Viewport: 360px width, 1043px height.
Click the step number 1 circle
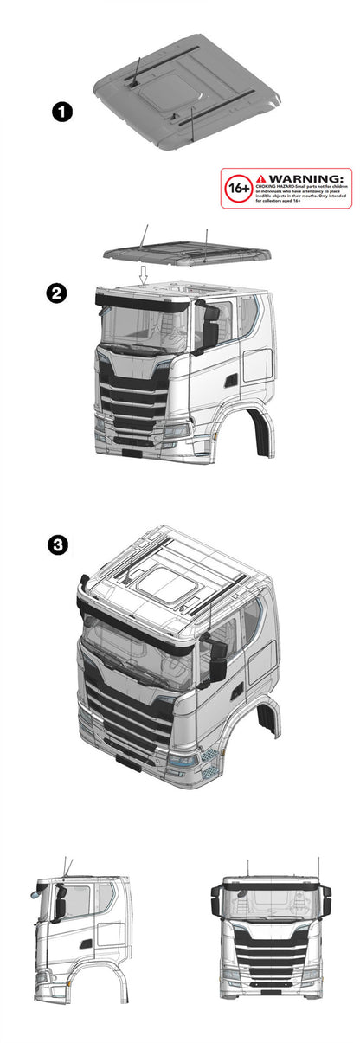(x=61, y=113)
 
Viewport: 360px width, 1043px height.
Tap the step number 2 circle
(x=56, y=294)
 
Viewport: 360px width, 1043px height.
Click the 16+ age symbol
(x=238, y=188)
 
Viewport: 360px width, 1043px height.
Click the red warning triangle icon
(x=262, y=177)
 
